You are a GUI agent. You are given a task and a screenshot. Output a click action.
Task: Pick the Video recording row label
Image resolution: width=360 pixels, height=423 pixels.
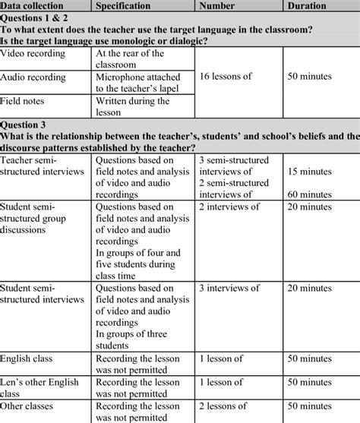click(x=34, y=53)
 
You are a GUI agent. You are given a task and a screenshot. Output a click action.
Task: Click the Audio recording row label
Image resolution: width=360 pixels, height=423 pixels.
click(x=34, y=77)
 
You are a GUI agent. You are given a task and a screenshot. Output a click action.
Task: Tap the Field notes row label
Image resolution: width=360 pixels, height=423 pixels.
click(x=24, y=100)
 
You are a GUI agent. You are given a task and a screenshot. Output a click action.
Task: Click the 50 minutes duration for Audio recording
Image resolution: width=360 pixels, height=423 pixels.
click(x=315, y=77)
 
